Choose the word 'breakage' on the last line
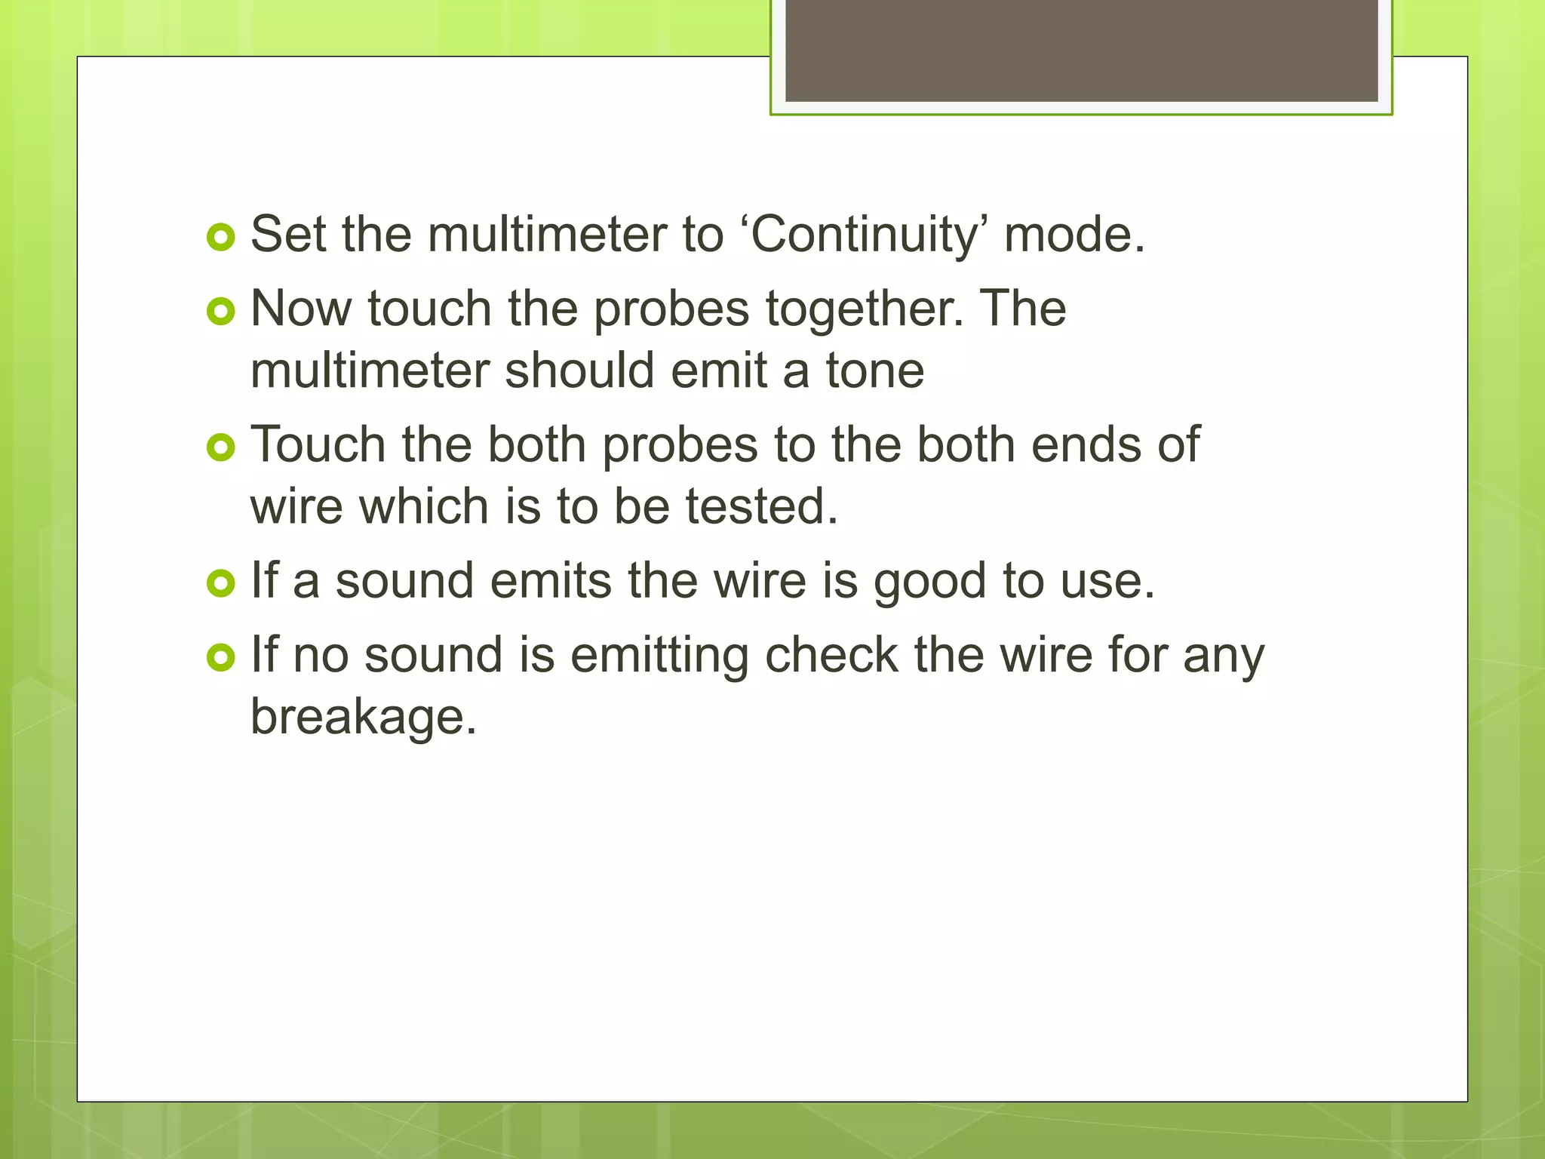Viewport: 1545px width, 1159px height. (x=363, y=717)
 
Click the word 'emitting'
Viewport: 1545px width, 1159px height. (x=659, y=655)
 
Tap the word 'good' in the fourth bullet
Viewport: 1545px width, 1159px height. (x=930, y=582)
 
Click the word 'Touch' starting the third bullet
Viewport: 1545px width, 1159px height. (x=318, y=444)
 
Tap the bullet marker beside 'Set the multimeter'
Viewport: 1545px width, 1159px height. (x=220, y=238)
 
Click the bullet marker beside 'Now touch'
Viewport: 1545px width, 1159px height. (x=220, y=312)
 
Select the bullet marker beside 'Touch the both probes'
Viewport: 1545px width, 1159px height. (x=220, y=447)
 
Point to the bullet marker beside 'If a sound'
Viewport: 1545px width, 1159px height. (x=220, y=583)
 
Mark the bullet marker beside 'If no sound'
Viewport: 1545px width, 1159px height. (x=220, y=657)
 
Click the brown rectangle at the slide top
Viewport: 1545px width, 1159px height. (x=1081, y=50)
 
